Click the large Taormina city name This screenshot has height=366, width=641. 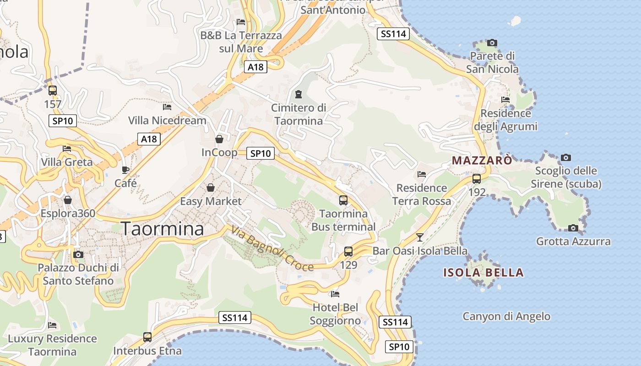click(x=163, y=229)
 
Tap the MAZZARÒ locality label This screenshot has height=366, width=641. click(x=482, y=161)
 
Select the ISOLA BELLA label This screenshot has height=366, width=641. click(x=483, y=273)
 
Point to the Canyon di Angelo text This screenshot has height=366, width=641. click(x=506, y=316)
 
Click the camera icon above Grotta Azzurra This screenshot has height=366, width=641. click(x=573, y=228)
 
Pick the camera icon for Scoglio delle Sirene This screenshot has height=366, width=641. click(x=566, y=157)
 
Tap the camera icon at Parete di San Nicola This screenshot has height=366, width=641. click(x=492, y=43)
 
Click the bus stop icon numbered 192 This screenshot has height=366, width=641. click(x=477, y=179)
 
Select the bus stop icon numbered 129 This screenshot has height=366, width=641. click(x=348, y=251)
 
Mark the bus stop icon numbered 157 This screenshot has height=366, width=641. click(x=53, y=91)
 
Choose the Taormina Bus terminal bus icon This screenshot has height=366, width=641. click(x=343, y=200)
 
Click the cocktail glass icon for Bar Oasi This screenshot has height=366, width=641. click(x=419, y=237)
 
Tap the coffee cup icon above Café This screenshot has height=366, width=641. click(x=125, y=170)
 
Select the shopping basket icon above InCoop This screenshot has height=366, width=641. click(x=219, y=139)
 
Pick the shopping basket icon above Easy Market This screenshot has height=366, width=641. click(x=211, y=188)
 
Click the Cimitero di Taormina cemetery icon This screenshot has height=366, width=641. click(x=299, y=94)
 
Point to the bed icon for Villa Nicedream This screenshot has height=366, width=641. click(x=167, y=107)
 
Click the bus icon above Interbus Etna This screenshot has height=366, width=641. click(x=147, y=337)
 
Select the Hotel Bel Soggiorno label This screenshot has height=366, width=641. click(x=335, y=314)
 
